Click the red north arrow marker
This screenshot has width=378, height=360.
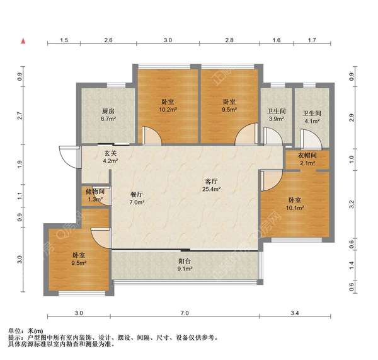[23, 41]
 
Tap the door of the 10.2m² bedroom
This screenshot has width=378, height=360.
[152, 136]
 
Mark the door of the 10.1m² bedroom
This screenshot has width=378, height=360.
[272, 180]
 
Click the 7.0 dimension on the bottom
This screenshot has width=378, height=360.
[185, 313]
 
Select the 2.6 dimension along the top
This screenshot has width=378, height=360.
[108, 40]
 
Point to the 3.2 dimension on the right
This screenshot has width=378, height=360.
[352, 204]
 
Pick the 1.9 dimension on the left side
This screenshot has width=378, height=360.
[20, 165]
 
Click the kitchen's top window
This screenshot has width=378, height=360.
[116, 85]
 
